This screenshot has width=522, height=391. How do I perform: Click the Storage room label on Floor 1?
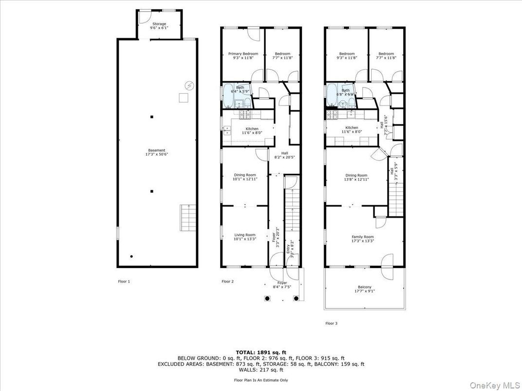pos(159,26)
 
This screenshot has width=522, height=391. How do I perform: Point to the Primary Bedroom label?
pos(243,55)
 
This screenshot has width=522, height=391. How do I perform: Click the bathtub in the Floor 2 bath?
pos(228,96)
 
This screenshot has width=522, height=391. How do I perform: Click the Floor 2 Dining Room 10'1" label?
pos(244,177)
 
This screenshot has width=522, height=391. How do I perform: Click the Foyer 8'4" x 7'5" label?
pos(282,285)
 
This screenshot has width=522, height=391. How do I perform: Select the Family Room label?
pos(363,239)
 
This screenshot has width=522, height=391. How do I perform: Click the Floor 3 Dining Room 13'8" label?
pos(356,177)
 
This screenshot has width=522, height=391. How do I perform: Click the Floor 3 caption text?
pos(331,323)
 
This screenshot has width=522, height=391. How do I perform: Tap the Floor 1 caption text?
pos(124,281)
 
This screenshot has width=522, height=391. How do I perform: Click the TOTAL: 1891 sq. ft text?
pos(261,352)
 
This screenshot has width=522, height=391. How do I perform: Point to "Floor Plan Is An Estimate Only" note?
pos(261,380)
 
